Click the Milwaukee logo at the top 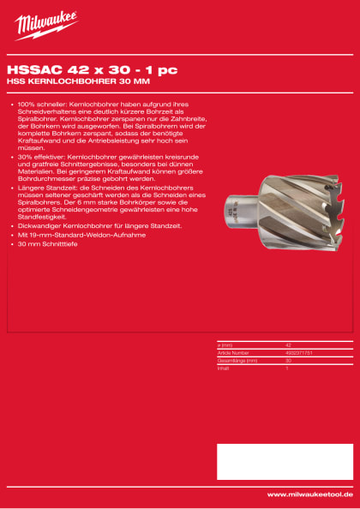click(x=45, y=26)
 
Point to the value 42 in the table click(x=288, y=344)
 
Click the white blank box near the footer click(x=284, y=461)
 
